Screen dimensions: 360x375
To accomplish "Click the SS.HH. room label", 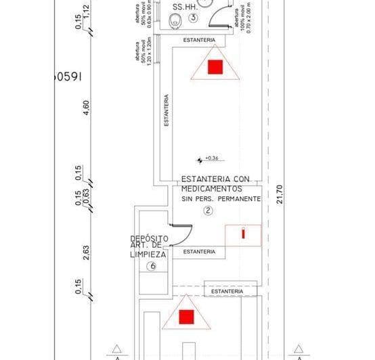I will [184, 7].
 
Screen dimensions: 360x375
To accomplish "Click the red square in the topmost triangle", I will [215, 66].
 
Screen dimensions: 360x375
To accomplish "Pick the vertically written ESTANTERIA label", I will [167, 111].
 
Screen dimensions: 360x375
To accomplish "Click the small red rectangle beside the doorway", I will [243, 233].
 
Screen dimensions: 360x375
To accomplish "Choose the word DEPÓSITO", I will [148, 239].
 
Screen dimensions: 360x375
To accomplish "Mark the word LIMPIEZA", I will [148, 254].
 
